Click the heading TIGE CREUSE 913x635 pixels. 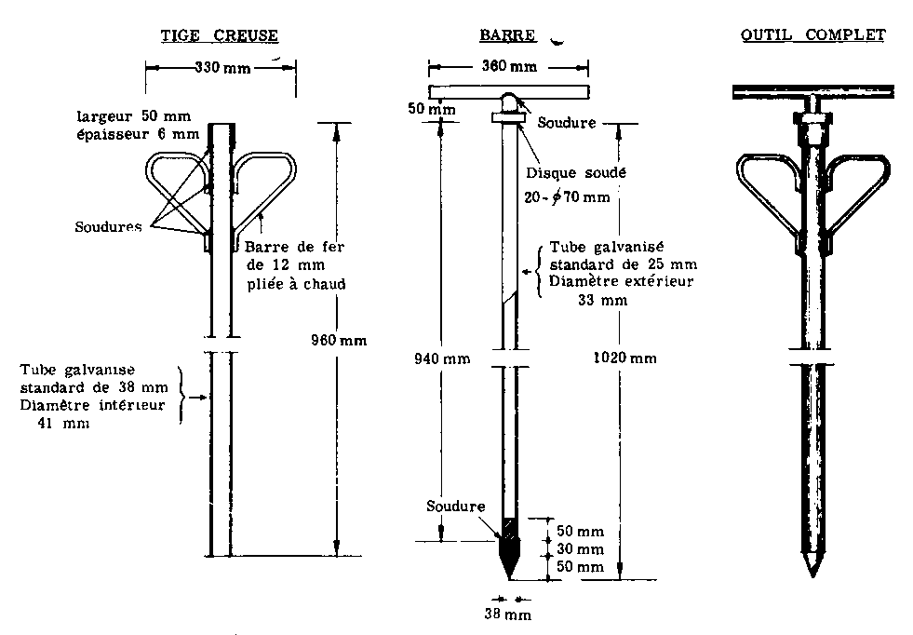point(219,35)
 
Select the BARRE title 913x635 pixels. point(507,35)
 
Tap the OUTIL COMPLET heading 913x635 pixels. point(812,35)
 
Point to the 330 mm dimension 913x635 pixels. point(221,67)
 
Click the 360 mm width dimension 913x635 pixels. point(510,67)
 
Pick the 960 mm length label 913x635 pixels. point(338,340)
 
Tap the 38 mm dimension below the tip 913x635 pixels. point(509,615)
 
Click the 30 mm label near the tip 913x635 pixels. point(579,548)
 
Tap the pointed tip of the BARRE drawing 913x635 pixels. point(509,577)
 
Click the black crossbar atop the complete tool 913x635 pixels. point(812,90)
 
